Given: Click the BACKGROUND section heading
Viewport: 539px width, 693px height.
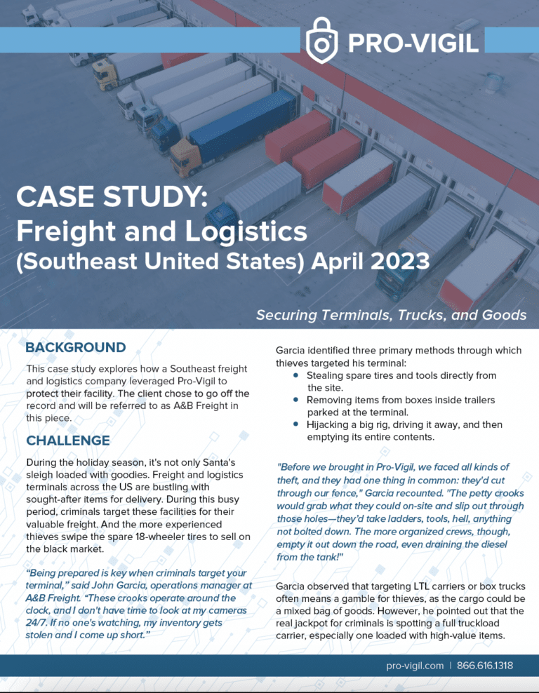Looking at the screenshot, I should coord(76,348).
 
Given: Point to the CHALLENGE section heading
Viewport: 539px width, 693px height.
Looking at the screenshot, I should coord(68,440).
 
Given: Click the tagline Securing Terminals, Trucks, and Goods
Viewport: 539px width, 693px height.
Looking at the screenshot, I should coord(391,315).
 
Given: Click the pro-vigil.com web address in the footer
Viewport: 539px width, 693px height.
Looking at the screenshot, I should coord(415,665).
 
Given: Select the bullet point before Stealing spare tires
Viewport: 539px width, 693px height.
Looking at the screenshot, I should coord(297,376).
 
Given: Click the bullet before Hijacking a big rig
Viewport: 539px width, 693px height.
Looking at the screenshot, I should coord(297,425).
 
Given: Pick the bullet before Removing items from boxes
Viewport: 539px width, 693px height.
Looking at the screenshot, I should coord(297,401).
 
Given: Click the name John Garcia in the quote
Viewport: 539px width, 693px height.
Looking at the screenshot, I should coord(148,585).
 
